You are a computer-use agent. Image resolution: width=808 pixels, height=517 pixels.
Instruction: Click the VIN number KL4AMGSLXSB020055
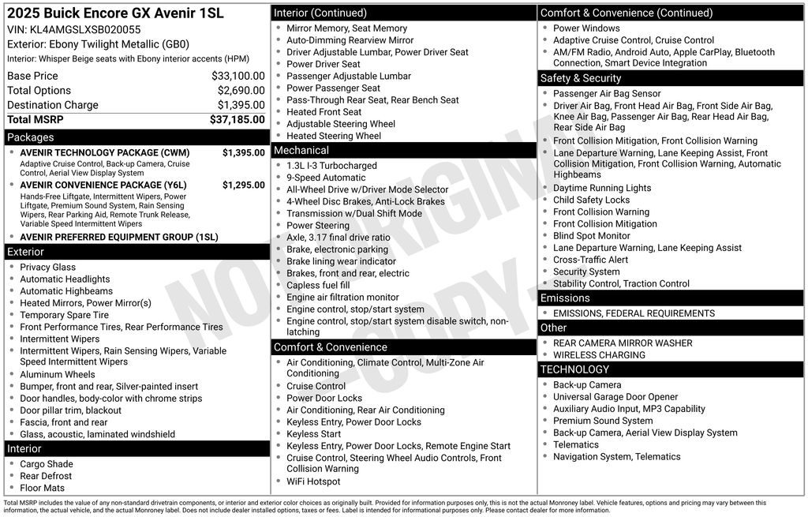click(85, 29)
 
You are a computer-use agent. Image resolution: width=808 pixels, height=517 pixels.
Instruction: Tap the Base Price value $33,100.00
click(238, 77)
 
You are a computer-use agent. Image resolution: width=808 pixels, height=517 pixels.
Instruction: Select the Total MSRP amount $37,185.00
click(237, 120)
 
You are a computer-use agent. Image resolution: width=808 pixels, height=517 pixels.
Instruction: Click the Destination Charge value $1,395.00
click(241, 105)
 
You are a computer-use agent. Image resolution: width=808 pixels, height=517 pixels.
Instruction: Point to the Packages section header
click(31, 137)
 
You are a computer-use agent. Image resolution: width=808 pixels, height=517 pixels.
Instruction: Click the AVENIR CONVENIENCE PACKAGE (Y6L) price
click(243, 185)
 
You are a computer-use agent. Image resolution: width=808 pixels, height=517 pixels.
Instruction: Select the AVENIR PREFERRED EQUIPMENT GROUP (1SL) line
click(119, 238)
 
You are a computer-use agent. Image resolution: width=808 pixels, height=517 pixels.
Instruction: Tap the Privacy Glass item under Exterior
click(48, 268)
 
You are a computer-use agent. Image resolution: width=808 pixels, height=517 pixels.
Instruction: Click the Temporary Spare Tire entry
click(65, 315)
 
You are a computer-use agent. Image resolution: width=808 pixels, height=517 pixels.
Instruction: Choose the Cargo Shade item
click(47, 464)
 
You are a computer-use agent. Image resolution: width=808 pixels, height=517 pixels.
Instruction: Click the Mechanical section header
click(301, 151)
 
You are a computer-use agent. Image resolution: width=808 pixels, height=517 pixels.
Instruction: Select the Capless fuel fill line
click(318, 285)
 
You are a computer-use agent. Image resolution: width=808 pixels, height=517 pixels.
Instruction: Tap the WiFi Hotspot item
click(314, 481)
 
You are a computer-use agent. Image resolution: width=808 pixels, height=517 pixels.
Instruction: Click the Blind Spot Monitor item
click(592, 236)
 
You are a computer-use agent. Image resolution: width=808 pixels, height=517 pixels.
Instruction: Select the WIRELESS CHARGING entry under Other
click(599, 355)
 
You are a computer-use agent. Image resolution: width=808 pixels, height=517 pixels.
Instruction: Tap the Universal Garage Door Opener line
click(615, 397)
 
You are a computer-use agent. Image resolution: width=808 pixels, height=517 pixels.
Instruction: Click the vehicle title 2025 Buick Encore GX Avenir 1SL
click(115, 13)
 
